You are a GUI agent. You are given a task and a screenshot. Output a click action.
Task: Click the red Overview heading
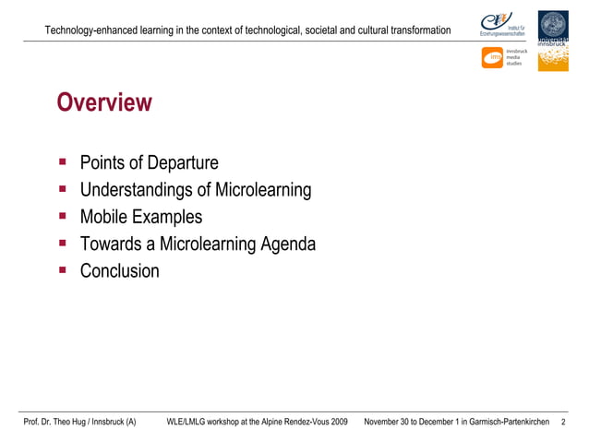point(103,103)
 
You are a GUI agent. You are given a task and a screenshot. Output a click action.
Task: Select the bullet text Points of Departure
point(149,163)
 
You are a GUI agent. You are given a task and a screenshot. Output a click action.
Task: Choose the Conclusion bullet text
point(119,271)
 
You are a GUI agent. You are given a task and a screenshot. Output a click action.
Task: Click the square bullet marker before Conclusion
point(63,270)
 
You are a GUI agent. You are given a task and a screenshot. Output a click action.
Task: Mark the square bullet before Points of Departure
point(63,162)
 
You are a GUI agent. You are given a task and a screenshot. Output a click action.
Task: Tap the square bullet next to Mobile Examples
point(63,217)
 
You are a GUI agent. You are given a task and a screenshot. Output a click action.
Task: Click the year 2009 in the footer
point(337,422)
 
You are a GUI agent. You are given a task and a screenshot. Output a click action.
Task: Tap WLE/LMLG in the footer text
point(186,422)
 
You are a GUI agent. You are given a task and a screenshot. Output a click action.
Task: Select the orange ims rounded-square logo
point(492,58)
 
